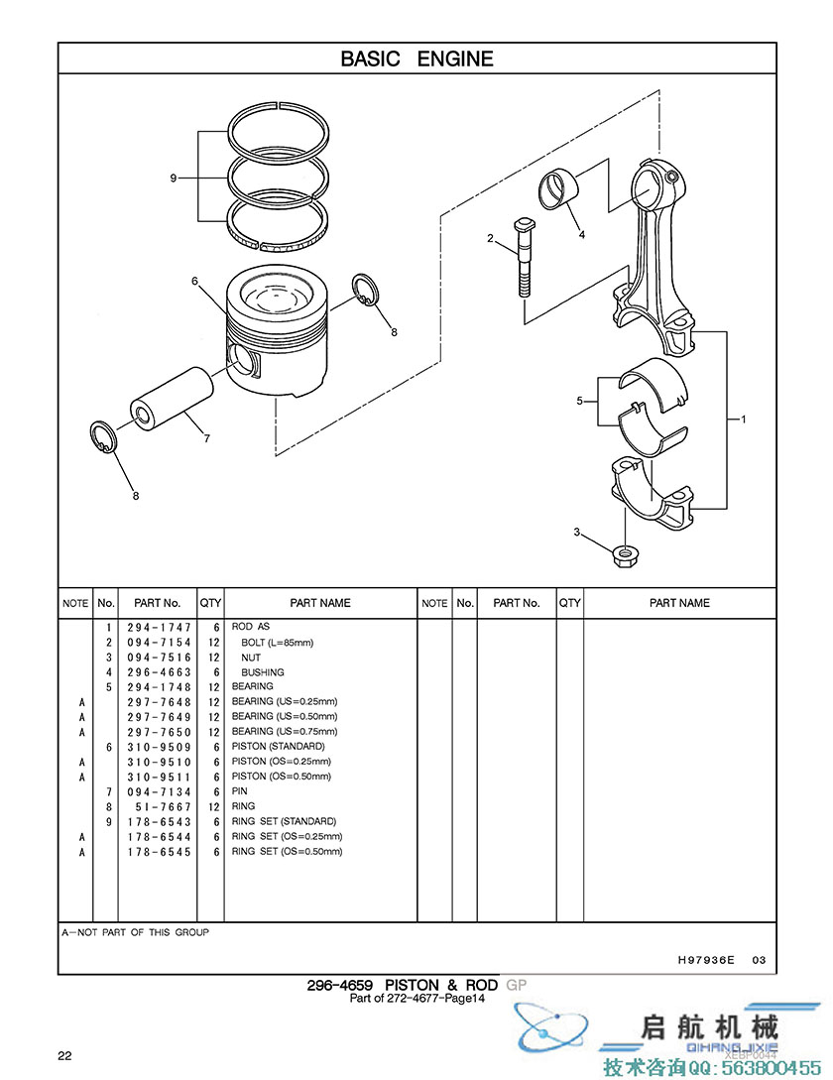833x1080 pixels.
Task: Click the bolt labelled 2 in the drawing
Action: (x=524, y=258)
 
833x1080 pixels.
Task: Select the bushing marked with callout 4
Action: (x=558, y=189)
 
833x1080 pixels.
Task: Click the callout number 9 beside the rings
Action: (x=174, y=179)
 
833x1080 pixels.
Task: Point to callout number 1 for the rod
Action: (x=743, y=419)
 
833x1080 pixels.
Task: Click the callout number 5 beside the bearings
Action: (x=579, y=401)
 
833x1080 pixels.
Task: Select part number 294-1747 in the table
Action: (x=159, y=628)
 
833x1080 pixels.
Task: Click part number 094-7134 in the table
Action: (x=159, y=792)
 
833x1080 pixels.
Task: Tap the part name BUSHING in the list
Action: (x=263, y=672)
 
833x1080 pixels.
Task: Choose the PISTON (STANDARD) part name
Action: (x=279, y=747)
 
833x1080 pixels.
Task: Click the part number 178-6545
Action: (x=159, y=852)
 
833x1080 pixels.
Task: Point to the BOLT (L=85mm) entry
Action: (x=277, y=643)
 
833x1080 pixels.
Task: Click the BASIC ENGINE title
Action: (x=416, y=59)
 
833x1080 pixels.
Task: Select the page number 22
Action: (x=64, y=1056)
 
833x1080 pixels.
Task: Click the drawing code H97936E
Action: (x=706, y=959)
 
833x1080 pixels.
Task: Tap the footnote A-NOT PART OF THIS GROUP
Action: (x=135, y=932)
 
